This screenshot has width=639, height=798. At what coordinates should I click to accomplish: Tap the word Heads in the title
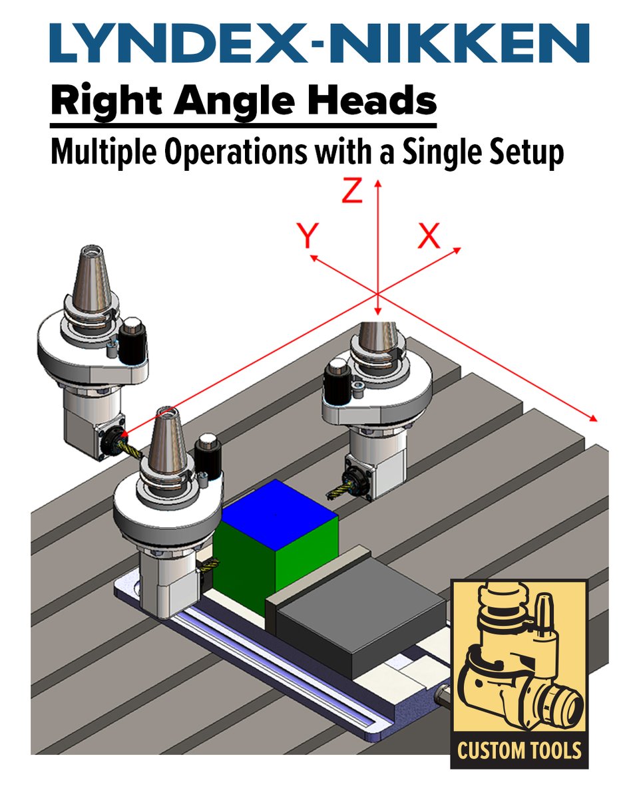[371, 100]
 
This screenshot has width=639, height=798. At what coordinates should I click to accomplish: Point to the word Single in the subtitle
[441, 153]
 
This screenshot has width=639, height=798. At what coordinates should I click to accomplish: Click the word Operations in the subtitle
[236, 153]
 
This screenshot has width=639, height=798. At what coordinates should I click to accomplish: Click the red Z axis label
[352, 190]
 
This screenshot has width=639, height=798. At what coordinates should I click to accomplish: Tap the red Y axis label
[308, 235]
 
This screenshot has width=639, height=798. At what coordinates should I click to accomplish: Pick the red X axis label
[429, 235]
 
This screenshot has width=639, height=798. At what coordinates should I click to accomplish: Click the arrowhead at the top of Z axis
[377, 184]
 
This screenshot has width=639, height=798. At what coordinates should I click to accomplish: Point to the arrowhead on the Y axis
[314, 257]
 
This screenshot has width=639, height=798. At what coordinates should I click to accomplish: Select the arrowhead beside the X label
[457, 251]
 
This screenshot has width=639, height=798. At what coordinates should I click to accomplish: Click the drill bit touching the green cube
[208, 565]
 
